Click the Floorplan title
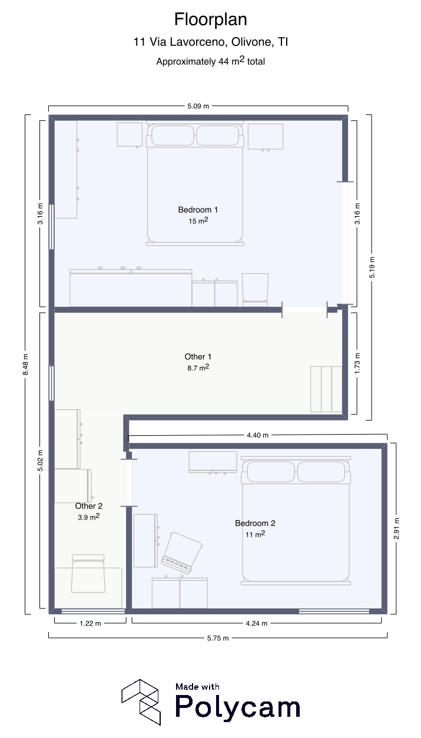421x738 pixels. coord(211,19)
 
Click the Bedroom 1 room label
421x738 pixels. coord(198,210)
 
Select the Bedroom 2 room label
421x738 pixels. coord(255,523)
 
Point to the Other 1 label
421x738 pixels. coord(198,356)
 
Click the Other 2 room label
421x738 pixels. coord(88,506)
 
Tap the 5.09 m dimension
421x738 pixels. coord(198,106)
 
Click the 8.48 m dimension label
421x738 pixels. coord(26,365)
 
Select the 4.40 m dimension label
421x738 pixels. coord(258,435)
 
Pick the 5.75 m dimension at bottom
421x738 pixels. coord(218,638)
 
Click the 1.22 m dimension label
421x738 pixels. coord(90,623)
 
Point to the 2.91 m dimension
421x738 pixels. coord(397,528)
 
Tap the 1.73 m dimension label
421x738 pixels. coord(357,363)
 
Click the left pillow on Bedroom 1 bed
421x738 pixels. coord(173,135)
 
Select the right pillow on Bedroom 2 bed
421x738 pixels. coord(321,472)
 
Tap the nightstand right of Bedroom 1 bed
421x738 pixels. coord(266,137)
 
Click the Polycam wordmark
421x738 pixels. coord(237,706)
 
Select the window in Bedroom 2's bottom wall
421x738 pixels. coord(334,611)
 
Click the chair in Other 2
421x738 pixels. coord(88,574)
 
